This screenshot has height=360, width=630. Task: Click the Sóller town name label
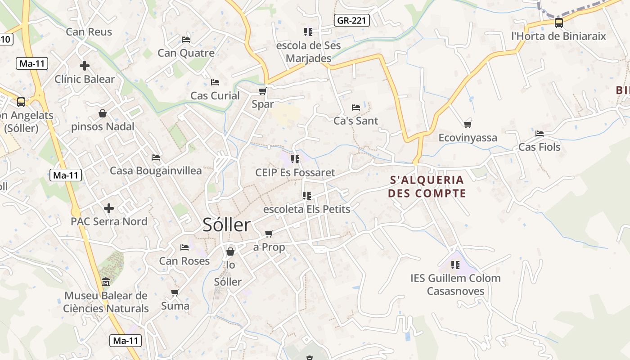click(226, 225)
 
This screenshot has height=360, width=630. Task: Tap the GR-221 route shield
click(352, 20)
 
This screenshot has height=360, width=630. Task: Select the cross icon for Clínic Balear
click(84, 66)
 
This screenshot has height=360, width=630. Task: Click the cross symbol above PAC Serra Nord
click(108, 208)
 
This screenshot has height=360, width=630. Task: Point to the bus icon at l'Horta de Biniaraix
click(558, 23)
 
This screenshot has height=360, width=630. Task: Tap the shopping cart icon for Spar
click(262, 91)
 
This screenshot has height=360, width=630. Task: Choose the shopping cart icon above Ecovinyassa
click(468, 124)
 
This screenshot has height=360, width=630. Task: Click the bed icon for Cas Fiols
click(540, 134)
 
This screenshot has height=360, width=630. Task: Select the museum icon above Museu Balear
click(106, 282)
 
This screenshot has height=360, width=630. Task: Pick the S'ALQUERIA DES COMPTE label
click(427, 187)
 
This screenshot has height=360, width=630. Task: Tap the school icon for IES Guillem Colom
click(455, 265)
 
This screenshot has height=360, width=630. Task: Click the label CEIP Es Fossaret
click(295, 172)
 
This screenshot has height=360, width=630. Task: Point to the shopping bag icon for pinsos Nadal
click(103, 113)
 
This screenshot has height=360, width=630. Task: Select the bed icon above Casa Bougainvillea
click(156, 157)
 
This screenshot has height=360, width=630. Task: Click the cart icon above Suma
click(175, 293)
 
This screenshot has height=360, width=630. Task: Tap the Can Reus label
click(89, 32)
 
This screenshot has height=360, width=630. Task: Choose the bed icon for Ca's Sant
click(356, 108)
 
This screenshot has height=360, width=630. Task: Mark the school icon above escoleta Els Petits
click(307, 196)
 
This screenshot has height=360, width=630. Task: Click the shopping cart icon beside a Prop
click(269, 234)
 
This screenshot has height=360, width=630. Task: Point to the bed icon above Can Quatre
click(186, 40)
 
